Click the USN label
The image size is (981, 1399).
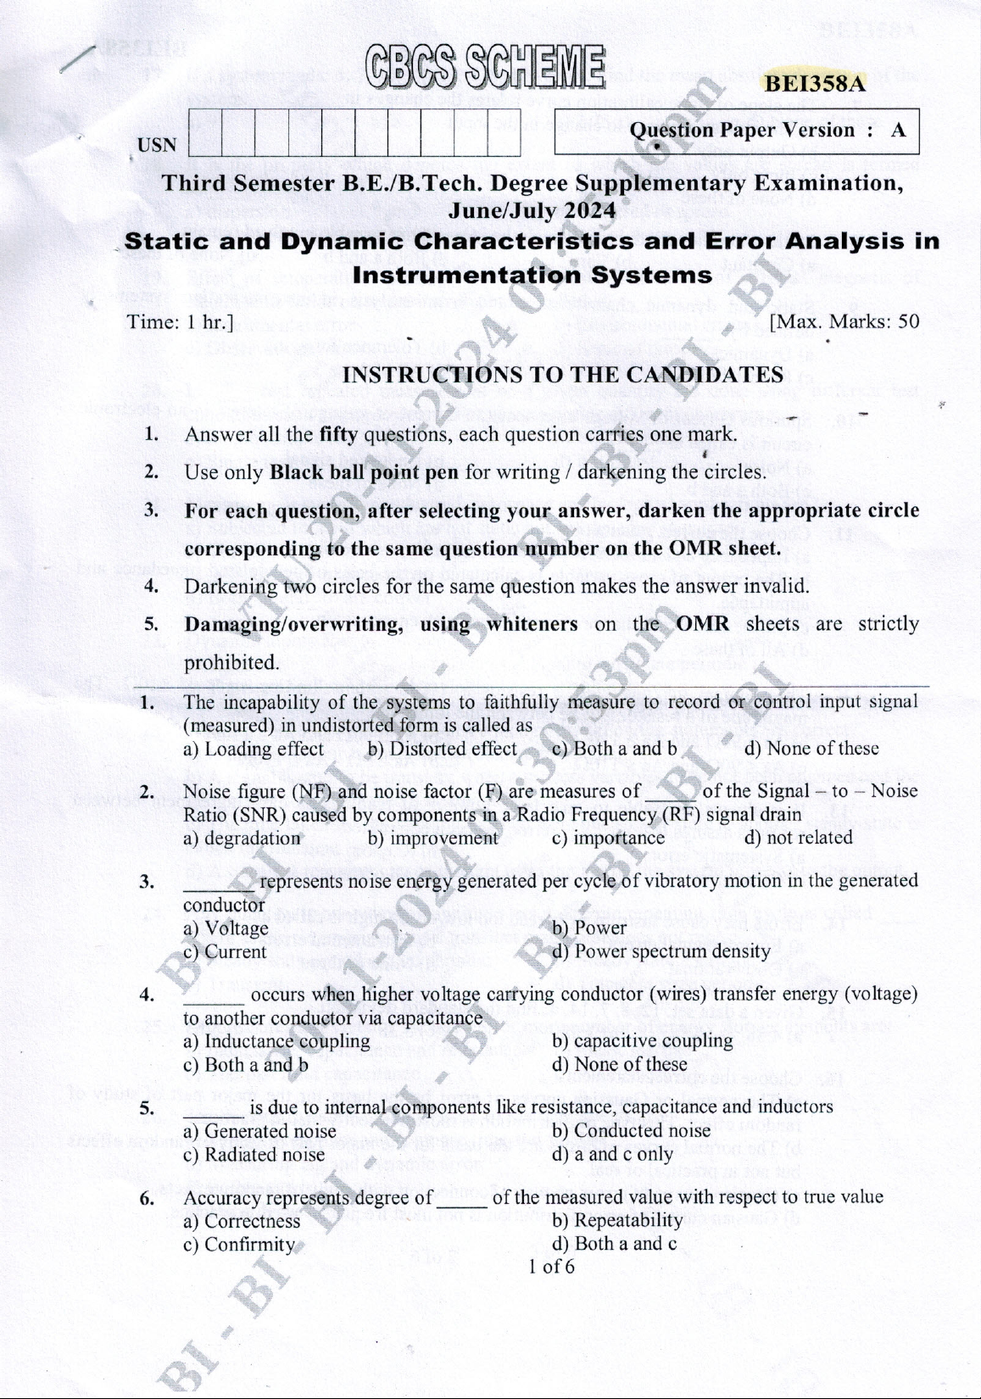pos(157,145)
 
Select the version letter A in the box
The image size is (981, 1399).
pos(898,131)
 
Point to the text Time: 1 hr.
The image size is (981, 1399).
pos(180,322)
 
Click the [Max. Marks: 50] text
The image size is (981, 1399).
pos(844,322)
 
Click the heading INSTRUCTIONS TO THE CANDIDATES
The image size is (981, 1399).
pos(562,375)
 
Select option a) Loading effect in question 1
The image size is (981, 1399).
pos(254,749)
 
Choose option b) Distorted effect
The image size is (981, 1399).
pos(442,749)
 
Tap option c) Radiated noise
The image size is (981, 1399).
pos(254,1154)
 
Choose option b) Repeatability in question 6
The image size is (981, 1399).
pos(617,1220)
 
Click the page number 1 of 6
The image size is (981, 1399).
pos(550,1267)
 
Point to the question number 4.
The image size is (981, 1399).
pos(147,994)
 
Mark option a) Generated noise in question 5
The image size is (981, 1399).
pos(259,1131)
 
